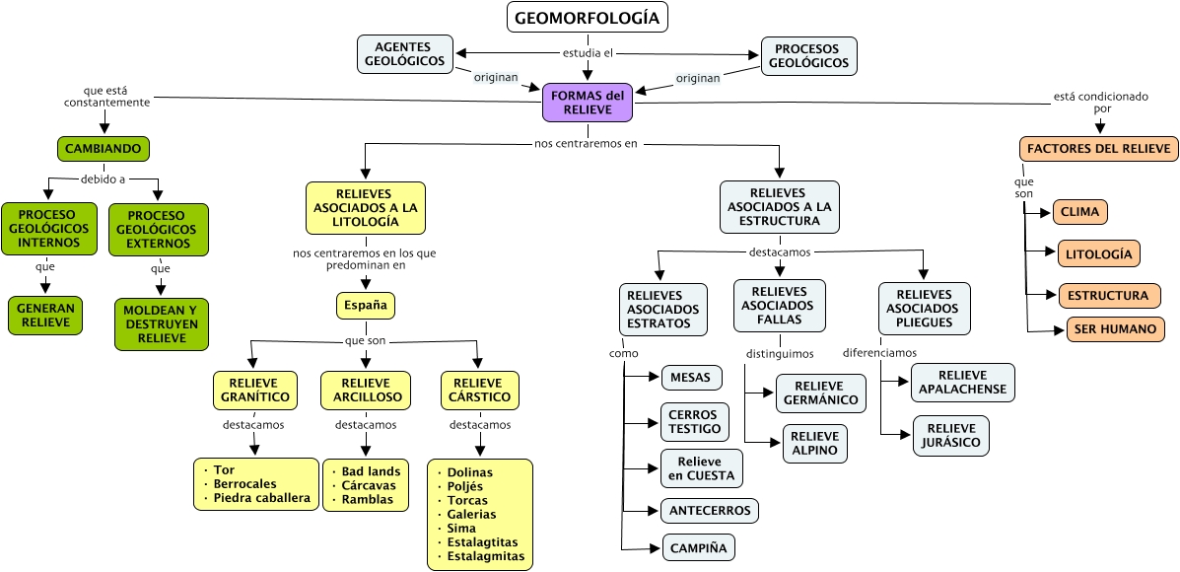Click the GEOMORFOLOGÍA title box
(588, 18)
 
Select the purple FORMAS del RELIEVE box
(588, 103)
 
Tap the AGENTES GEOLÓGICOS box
(404, 54)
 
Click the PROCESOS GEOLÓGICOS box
(808, 55)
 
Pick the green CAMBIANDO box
(103, 149)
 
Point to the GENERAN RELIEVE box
(44, 315)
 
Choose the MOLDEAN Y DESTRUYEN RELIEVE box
(161, 323)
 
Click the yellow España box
(366, 306)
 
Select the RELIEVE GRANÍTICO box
(254, 391)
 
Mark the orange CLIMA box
(1080, 212)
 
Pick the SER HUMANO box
(1115, 329)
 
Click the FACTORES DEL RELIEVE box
(1098, 149)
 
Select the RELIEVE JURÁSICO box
(950, 435)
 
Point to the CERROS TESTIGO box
(695, 422)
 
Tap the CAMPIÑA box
(699, 547)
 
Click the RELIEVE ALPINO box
(814, 444)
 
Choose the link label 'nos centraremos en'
(586, 143)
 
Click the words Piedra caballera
(262, 498)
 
